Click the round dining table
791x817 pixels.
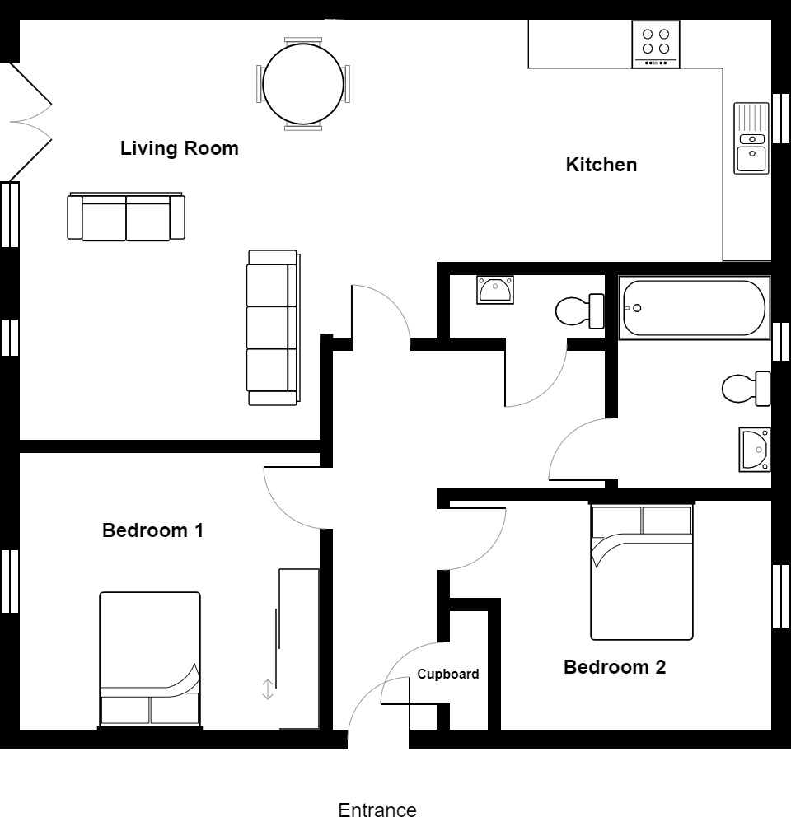[302, 83]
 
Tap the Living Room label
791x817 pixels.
[179, 148]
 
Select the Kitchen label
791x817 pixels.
[601, 165]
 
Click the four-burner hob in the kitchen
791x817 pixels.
[655, 44]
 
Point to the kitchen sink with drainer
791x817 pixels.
[751, 138]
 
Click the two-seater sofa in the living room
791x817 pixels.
[125, 217]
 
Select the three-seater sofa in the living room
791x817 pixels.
[273, 328]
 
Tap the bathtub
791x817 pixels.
[694, 308]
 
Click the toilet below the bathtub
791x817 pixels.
[745, 388]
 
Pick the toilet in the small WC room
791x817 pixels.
[580, 311]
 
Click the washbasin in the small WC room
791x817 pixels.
[495, 290]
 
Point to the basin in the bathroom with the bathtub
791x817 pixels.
[755, 450]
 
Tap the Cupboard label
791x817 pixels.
[447, 674]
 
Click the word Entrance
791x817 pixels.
[377, 810]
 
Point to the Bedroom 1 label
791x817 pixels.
[152, 530]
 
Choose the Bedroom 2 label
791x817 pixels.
[614, 667]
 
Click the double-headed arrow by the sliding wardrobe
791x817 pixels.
[267, 689]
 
